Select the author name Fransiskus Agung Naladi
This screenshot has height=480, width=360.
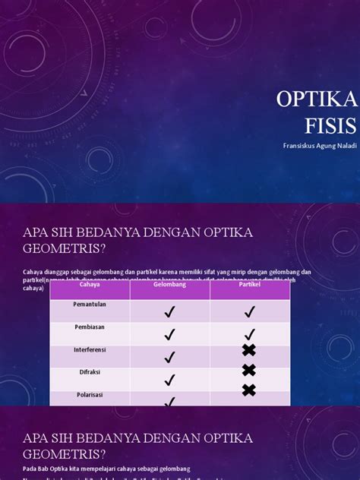coord(318,144)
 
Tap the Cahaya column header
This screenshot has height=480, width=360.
coord(90,286)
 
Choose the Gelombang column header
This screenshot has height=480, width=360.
coord(169,286)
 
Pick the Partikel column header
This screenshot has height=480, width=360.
coord(249,286)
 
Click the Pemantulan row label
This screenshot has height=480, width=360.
coord(90,304)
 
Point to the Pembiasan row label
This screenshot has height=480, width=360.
coord(90,327)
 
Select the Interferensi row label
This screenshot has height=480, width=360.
coord(90,349)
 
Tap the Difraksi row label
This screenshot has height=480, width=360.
coord(90,372)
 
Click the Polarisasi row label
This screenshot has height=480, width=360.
coord(90,395)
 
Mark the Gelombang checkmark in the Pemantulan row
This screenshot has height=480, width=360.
coord(169,311)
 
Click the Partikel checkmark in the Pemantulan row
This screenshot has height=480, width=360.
coord(249,311)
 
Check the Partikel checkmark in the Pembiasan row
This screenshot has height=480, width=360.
coord(249,333)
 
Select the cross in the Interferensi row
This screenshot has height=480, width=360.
coord(249,350)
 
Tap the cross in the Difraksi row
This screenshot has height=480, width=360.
coord(249,370)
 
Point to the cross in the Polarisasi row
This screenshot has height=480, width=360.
coord(249,390)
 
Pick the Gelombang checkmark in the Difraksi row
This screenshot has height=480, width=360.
coord(169,379)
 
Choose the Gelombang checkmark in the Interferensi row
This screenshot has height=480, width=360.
coord(169,356)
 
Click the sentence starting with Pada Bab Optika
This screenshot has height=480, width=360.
coord(106,469)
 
